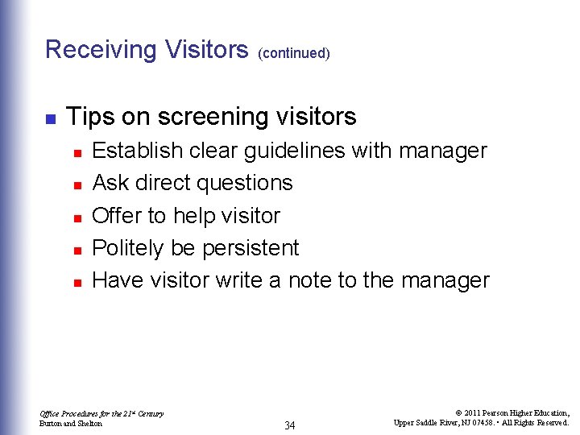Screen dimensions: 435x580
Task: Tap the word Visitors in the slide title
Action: [x=206, y=50]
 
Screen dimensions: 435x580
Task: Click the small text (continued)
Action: [x=294, y=54]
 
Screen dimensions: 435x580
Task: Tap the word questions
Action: [x=250, y=184]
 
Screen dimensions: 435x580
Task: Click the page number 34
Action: [x=289, y=425]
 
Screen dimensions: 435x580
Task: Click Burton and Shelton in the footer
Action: [x=71, y=424]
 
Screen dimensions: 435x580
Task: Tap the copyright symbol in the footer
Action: [x=457, y=413]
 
